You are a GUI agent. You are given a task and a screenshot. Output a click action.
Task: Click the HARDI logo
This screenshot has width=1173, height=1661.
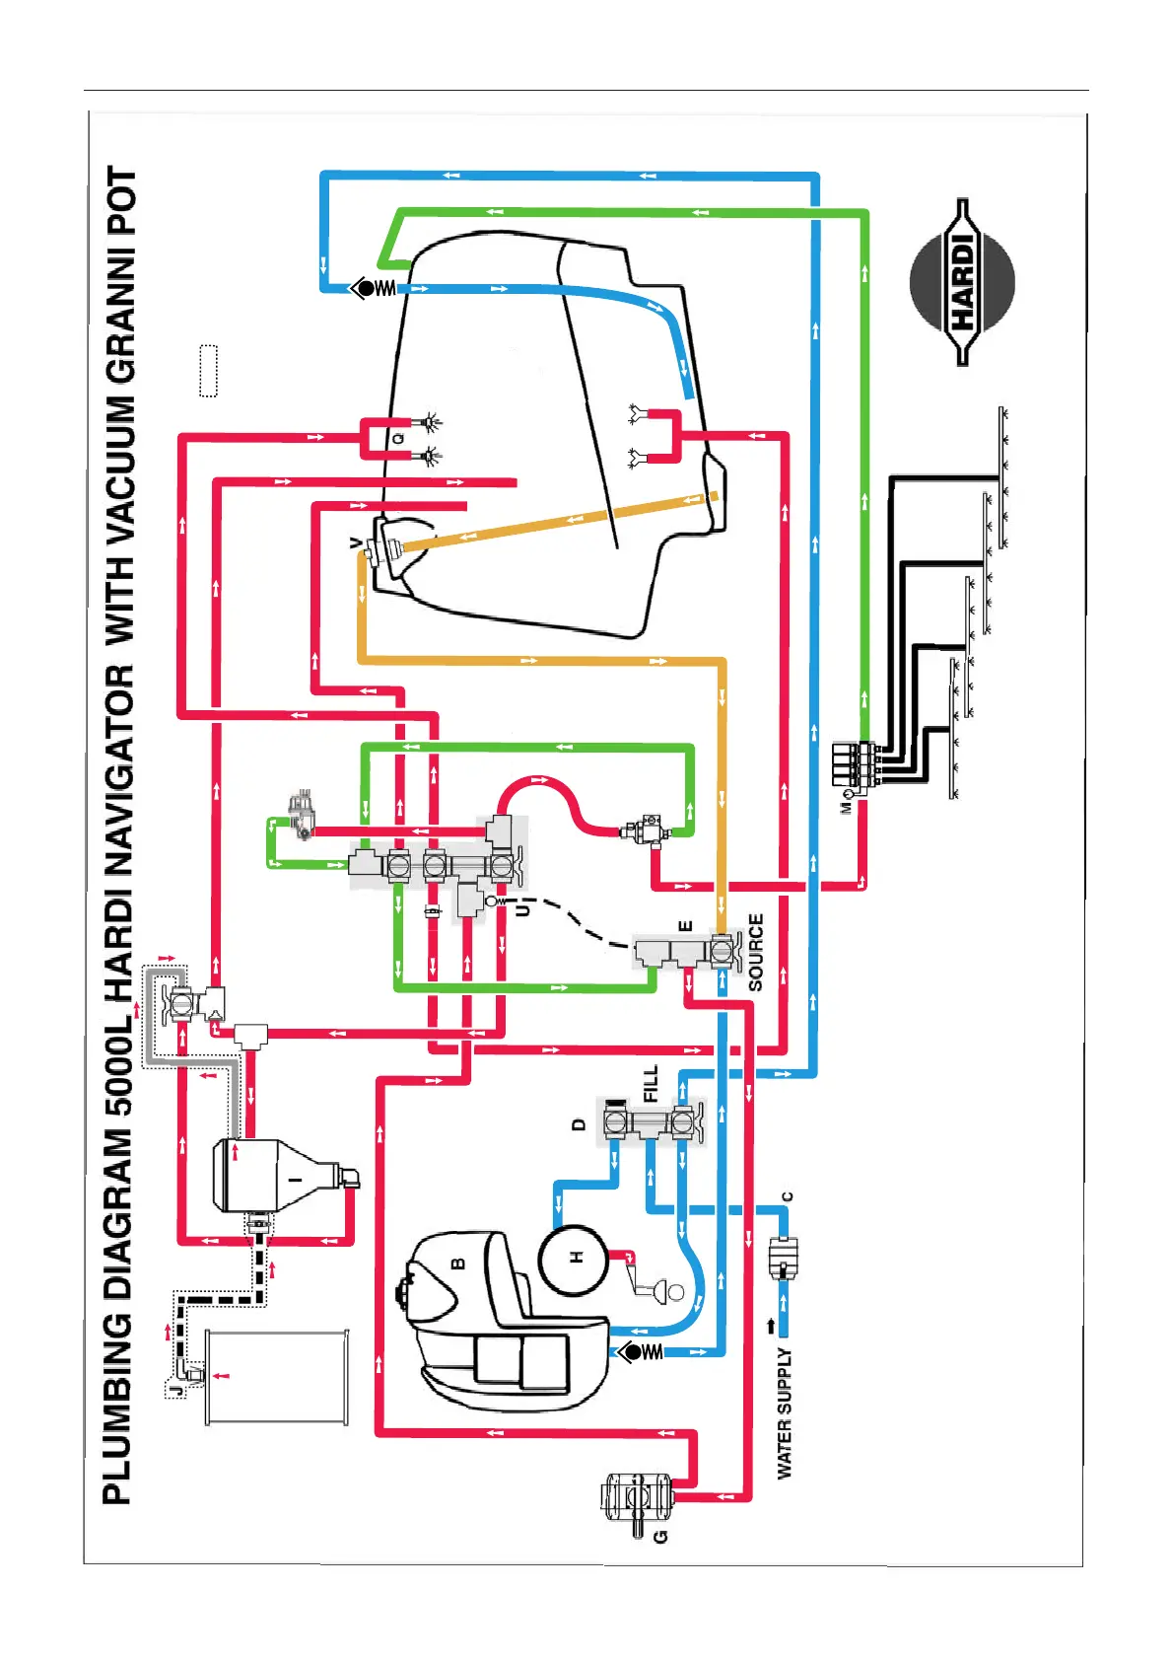click(962, 283)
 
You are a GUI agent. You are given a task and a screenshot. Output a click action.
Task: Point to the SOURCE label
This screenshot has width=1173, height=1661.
click(756, 952)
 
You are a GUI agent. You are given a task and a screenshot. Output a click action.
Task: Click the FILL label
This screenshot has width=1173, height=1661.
click(651, 1083)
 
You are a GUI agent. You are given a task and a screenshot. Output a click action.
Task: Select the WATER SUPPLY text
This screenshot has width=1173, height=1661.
click(785, 1413)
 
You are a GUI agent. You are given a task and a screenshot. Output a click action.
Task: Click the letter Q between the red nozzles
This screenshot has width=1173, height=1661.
click(399, 437)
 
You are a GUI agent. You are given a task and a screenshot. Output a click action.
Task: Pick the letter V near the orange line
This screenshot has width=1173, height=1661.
click(356, 543)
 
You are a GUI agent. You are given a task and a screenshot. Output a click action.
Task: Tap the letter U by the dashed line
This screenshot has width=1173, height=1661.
click(523, 908)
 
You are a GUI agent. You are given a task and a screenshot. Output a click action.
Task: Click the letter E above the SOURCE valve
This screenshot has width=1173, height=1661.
click(686, 926)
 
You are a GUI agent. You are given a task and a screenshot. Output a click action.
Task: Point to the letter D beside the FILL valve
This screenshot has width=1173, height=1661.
click(579, 1123)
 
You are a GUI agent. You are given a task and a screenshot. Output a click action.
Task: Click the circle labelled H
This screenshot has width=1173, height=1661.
click(575, 1259)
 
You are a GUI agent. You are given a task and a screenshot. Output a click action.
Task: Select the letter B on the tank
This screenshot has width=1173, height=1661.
click(457, 1264)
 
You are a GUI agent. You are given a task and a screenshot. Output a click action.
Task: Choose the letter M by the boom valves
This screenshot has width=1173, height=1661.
click(845, 807)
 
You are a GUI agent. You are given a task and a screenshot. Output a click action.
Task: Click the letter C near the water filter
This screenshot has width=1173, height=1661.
click(787, 1197)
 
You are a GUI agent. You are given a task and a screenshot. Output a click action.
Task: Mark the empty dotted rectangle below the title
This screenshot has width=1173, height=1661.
click(208, 371)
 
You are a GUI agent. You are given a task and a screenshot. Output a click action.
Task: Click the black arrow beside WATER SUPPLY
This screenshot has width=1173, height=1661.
click(770, 1326)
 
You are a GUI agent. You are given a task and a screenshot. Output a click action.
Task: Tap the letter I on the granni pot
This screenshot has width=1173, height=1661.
click(293, 1179)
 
